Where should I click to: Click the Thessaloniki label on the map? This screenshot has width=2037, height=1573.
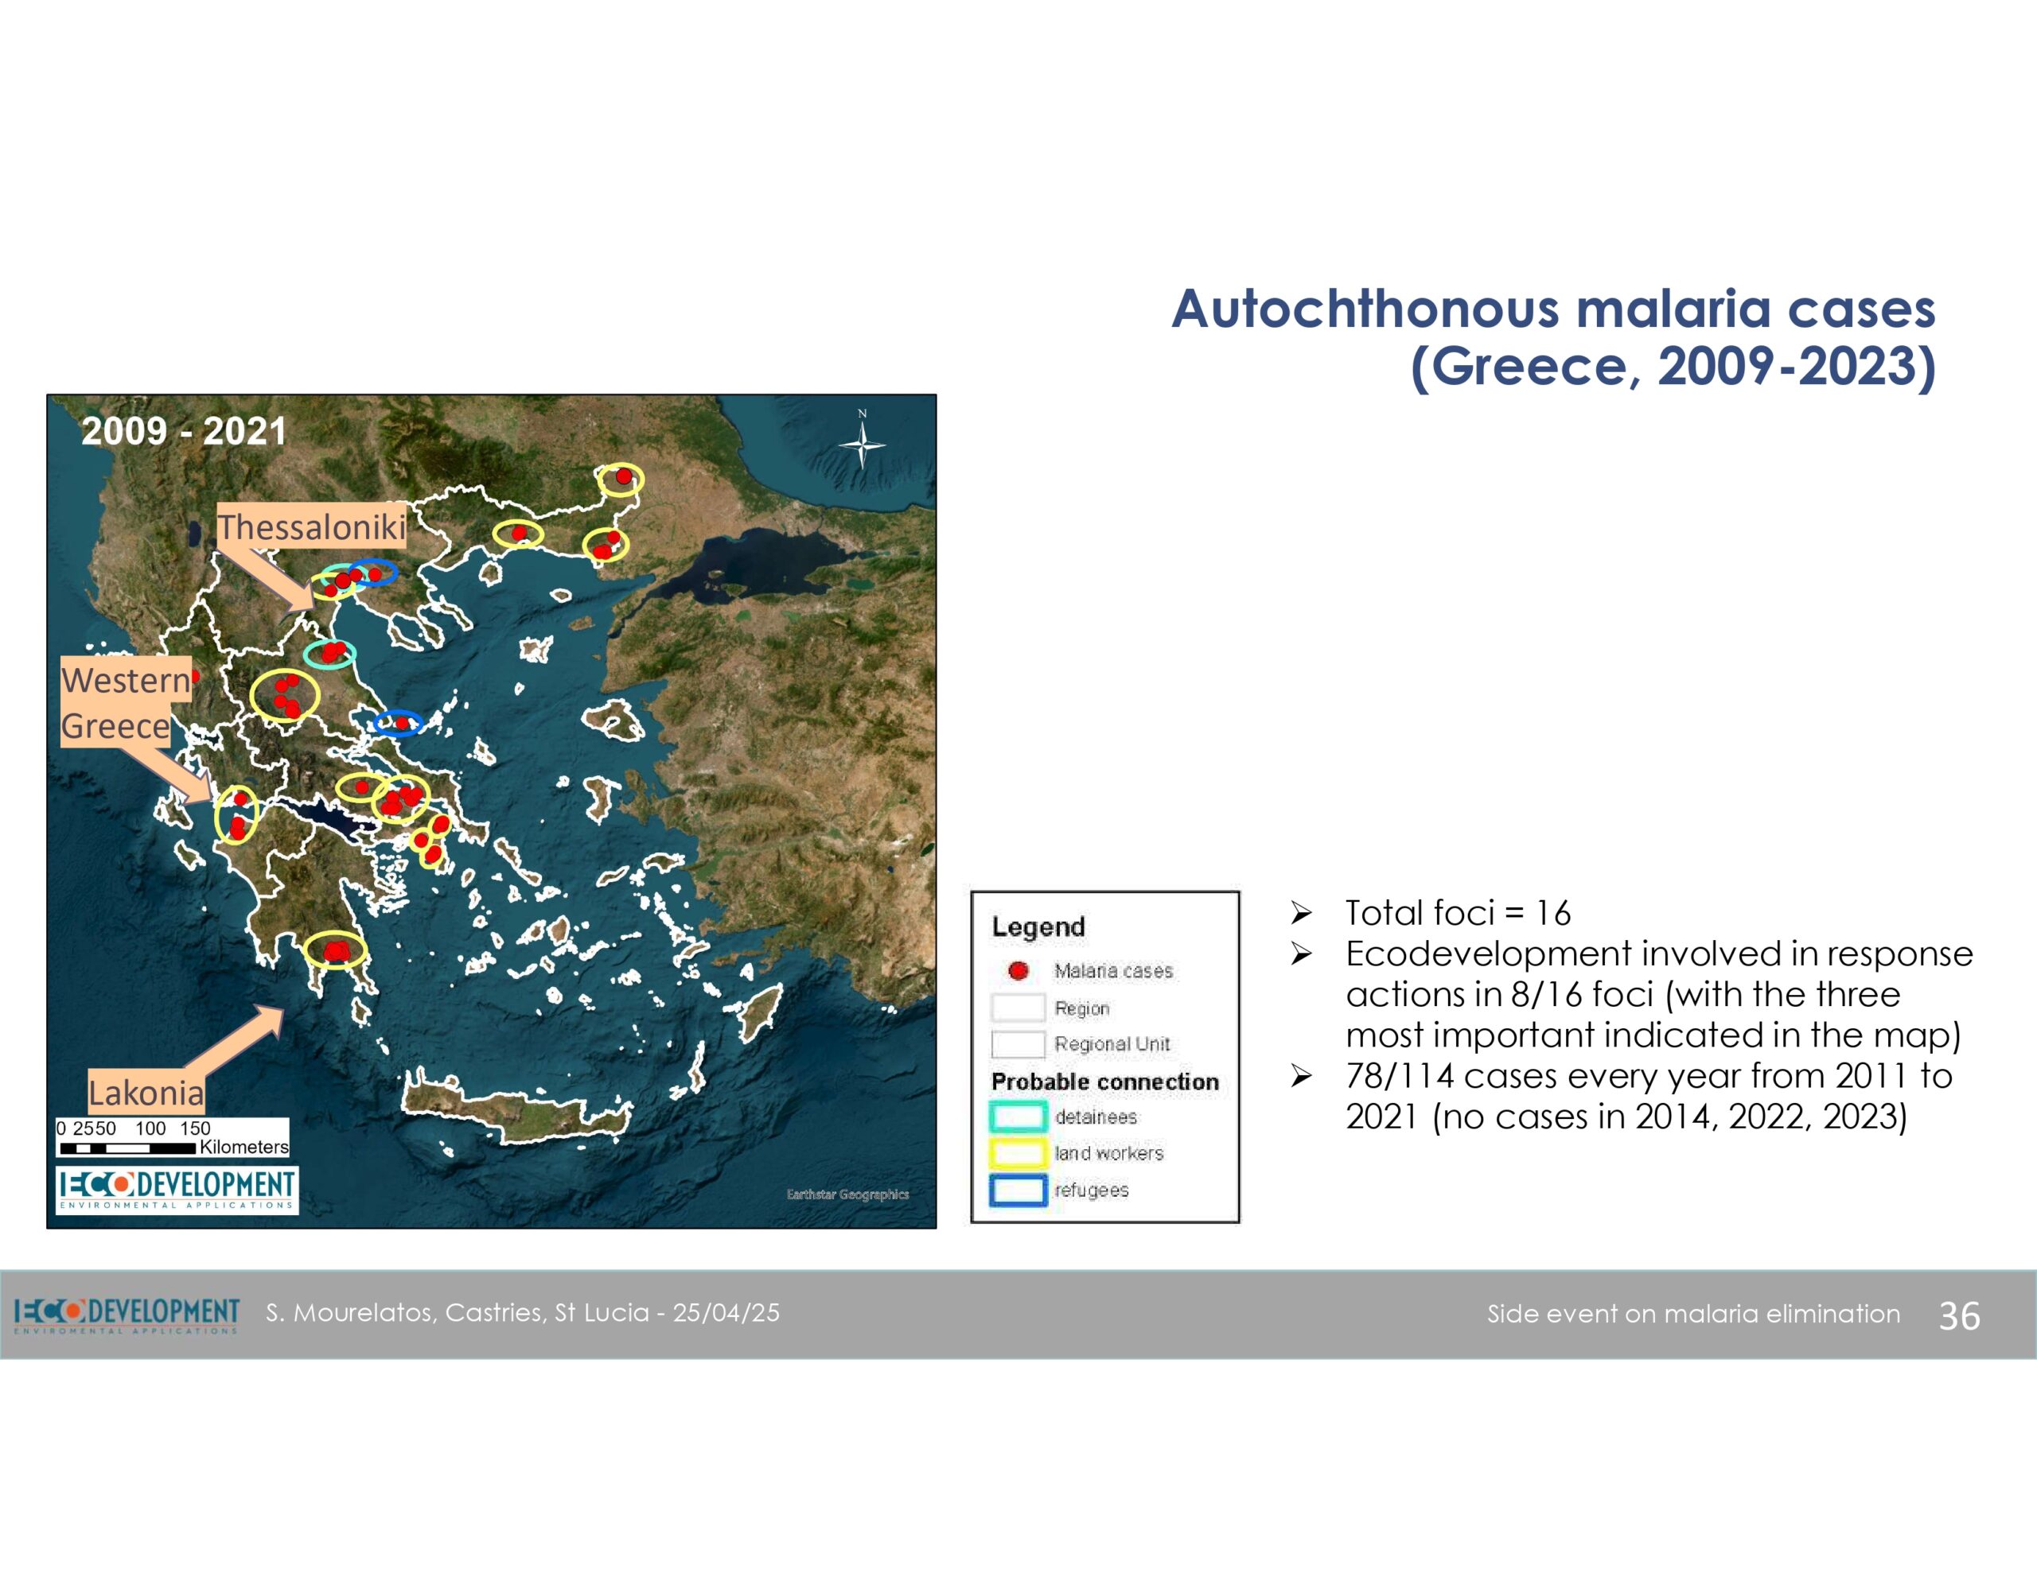[x=312, y=526]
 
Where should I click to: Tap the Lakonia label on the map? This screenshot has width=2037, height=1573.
[x=146, y=1092]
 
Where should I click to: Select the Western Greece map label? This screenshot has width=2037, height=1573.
[x=125, y=702]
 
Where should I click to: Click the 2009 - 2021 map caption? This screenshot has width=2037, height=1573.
[x=184, y=431]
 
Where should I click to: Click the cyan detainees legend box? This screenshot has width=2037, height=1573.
[x=1018, y=1116]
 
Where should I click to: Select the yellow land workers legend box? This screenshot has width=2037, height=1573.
[x=1018, y=1152]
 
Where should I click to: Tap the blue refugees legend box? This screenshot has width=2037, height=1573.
[x=1018, y=1190]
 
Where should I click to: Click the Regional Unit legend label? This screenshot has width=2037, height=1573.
[x=1112, y=1044]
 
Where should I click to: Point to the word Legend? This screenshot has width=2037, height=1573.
[x=1038, y=926]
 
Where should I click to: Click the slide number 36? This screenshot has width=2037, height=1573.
[x=1959, y=1315]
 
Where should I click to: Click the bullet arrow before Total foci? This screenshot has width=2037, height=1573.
[x=1302, y=913]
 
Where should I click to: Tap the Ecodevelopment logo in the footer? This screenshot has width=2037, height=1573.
[x=127, y=1315]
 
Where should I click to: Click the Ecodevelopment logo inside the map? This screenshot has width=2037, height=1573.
[x=177, y=1189]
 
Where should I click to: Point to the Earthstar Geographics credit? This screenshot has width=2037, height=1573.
[x=847, y=1194]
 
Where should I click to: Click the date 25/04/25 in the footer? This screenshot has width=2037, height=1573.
[x=726, y=1313]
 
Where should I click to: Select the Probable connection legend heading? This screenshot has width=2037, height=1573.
[x=1105, y=1082]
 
